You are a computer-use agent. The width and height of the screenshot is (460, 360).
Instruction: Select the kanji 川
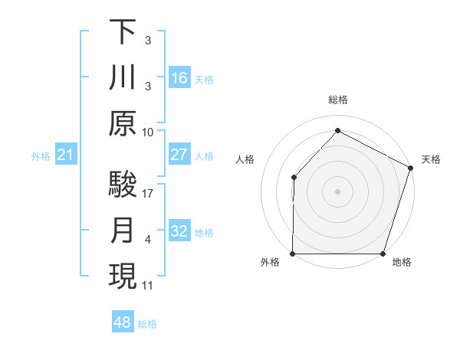[123, 78]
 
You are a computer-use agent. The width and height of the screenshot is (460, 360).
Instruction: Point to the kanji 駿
[123, 185]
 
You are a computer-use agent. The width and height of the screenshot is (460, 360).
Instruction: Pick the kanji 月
[123, 232]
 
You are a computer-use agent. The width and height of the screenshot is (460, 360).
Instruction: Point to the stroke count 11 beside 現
[147, 286]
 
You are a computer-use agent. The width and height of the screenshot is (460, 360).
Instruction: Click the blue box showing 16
[179, 78]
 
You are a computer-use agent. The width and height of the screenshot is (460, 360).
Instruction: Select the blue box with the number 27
[179, 155]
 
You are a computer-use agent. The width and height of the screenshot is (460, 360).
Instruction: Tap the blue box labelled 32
[179, 232]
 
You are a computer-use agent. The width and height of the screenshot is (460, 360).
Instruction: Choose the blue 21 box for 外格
[66, 156]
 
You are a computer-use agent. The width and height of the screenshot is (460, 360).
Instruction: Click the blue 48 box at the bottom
[123, 322]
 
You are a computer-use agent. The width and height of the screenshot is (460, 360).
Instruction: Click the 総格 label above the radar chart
[337, 100]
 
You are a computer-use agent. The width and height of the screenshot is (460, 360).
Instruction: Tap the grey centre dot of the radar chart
[337, 191]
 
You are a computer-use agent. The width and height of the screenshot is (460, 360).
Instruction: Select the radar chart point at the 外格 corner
[293, 253]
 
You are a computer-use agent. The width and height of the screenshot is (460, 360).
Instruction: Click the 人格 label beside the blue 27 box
[204, 155]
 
